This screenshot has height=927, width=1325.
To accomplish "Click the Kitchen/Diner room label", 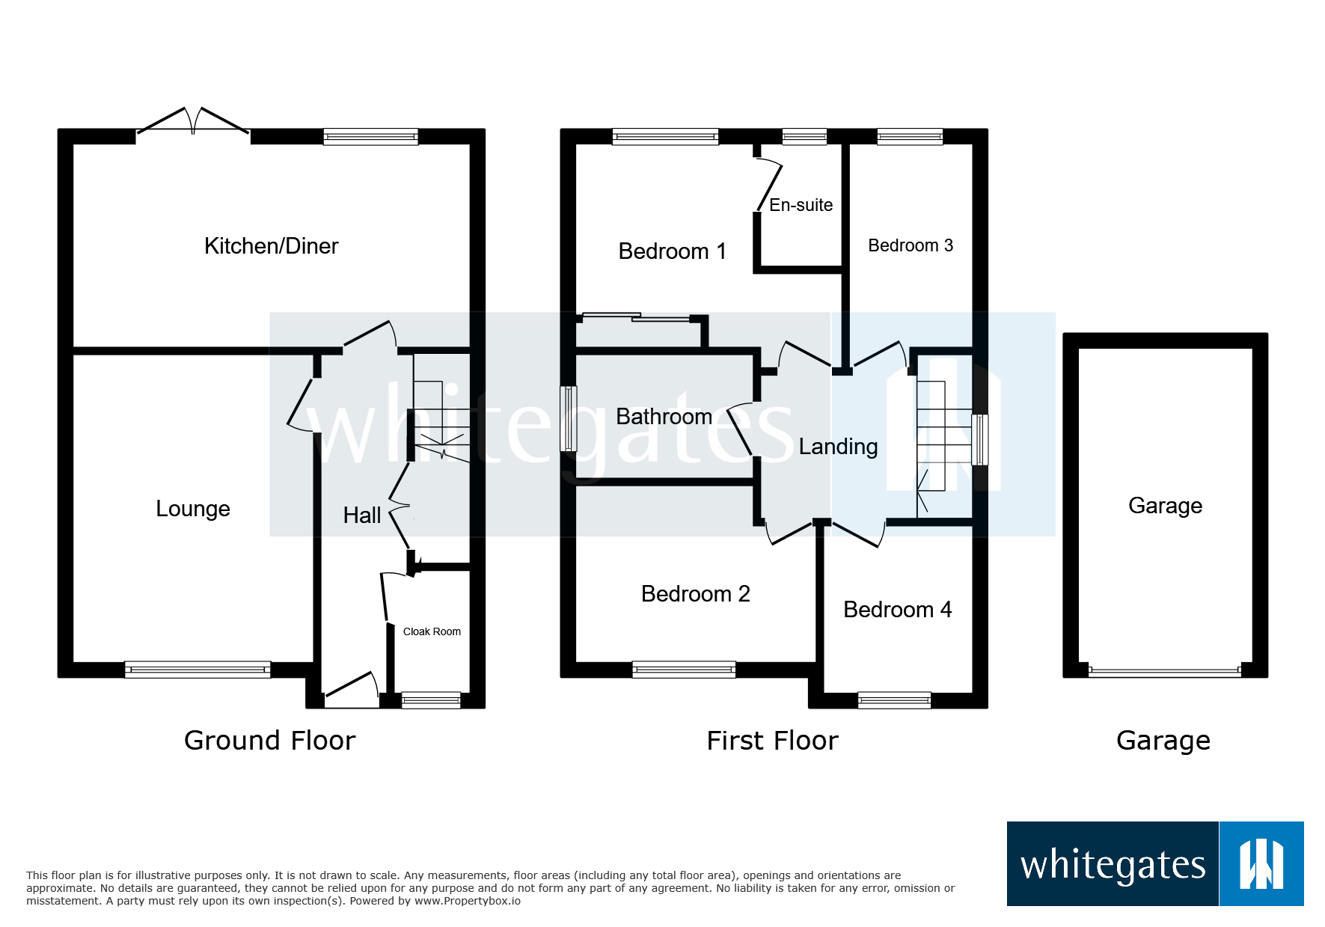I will (271, 246).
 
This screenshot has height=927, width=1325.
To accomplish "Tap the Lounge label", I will (192, 509).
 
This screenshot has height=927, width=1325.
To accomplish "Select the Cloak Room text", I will (432, 631).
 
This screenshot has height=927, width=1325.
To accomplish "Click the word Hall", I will (361, 515).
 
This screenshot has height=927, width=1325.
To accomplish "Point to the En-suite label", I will (801, 205).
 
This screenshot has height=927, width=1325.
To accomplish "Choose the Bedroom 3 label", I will (910, 245).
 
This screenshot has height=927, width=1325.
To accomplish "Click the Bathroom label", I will (664, 417).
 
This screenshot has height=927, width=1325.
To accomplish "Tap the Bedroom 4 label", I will (897, 610).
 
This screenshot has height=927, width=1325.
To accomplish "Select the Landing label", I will (838, 447).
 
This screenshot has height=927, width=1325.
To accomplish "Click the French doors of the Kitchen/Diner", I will (193, 123).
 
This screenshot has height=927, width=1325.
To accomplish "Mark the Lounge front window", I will (198, 670).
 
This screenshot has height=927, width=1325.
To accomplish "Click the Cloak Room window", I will (431, 700).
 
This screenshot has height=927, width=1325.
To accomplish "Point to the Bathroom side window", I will (569, 418).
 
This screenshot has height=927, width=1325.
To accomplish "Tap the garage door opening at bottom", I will (1165, 671).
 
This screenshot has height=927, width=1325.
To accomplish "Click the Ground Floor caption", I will (269, 741).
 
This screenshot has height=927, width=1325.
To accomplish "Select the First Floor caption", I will (772, 741).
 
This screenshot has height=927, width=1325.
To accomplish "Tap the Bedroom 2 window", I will (684, 670).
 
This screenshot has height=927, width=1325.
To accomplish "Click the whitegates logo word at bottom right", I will (1113, 866).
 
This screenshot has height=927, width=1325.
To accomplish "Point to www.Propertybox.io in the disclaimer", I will (467, 901).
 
